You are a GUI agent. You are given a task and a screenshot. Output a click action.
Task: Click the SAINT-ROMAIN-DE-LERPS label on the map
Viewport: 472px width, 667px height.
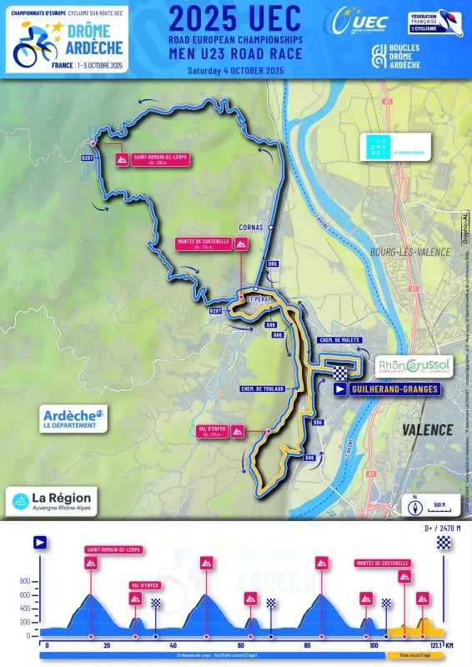click(150, 159)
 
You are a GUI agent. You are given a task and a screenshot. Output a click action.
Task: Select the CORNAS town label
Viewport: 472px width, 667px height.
click(249, 225)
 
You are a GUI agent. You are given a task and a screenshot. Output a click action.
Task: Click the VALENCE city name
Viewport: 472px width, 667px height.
click(427, 430)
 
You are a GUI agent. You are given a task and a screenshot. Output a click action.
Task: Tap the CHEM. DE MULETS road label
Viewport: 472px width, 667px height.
click(338, 340)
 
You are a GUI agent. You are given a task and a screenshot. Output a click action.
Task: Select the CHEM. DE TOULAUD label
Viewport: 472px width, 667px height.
click(263, 389)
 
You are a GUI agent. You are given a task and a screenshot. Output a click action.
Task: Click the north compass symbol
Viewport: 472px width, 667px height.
click(414, 505)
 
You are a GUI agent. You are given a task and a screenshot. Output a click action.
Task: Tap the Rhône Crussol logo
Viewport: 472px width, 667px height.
click(414, 365)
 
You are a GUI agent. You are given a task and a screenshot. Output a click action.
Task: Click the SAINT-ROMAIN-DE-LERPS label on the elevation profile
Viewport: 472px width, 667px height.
click(113, 549)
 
